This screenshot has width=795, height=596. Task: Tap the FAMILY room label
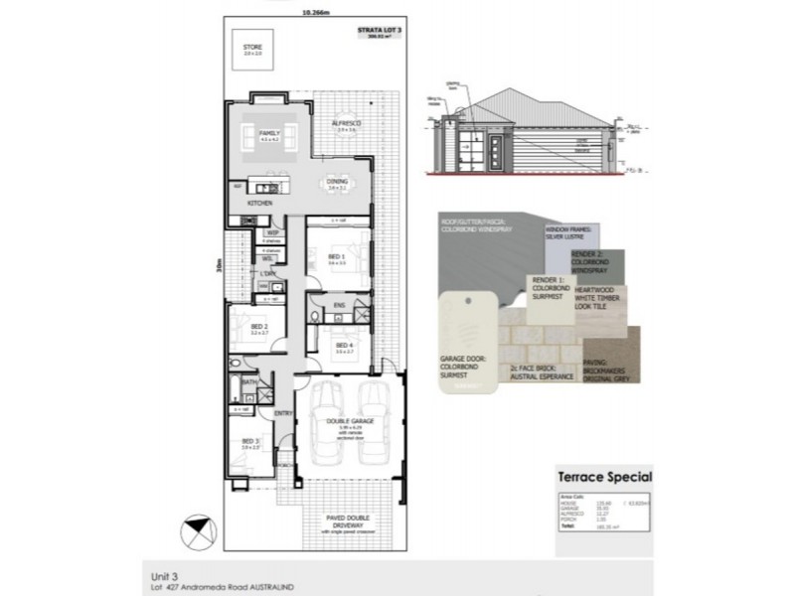(269, 132)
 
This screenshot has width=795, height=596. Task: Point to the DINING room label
(337, 181)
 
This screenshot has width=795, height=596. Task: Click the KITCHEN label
(260, 204)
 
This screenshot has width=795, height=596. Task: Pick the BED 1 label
(336, 256)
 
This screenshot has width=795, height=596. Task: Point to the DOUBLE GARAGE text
(341, 420)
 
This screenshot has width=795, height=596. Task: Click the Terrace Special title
(605, 478)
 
